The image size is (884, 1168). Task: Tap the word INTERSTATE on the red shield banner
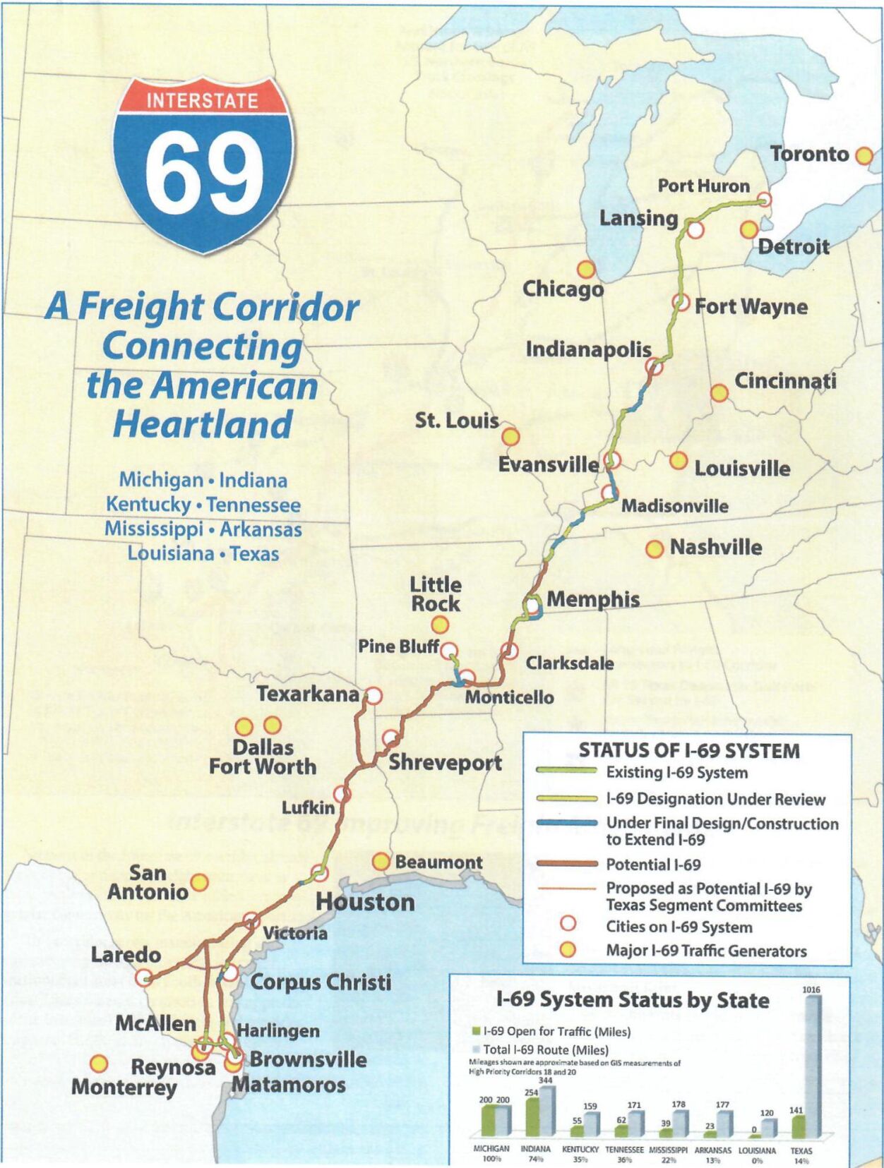click(202, 100)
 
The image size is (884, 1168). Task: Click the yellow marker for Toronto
click(864, 156)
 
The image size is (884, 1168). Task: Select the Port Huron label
click(703, 186)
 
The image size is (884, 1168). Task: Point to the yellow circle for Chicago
click(586, 269)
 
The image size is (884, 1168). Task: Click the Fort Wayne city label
click(751, 307)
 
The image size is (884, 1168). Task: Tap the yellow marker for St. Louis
click(510, 437)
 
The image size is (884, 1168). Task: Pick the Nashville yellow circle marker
click(655, 548)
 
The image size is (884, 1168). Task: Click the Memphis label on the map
click(593, 600)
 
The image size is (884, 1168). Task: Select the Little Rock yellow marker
click(440, 625)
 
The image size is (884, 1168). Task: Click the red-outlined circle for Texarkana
click(374, 696)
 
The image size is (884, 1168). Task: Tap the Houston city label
click(365, 902)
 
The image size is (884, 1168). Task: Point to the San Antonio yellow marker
click(200, 882)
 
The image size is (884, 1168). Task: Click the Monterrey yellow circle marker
click(99, 1063)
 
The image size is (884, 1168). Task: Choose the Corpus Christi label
click(320, 982)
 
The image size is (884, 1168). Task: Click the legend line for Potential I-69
click(566, 864)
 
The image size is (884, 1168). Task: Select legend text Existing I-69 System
click(676, 773)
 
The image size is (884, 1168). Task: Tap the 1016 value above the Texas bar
click(811, 989)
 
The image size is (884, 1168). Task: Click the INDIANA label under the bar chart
click(535, 1149)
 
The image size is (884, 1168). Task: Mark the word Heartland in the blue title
click(203, 424)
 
